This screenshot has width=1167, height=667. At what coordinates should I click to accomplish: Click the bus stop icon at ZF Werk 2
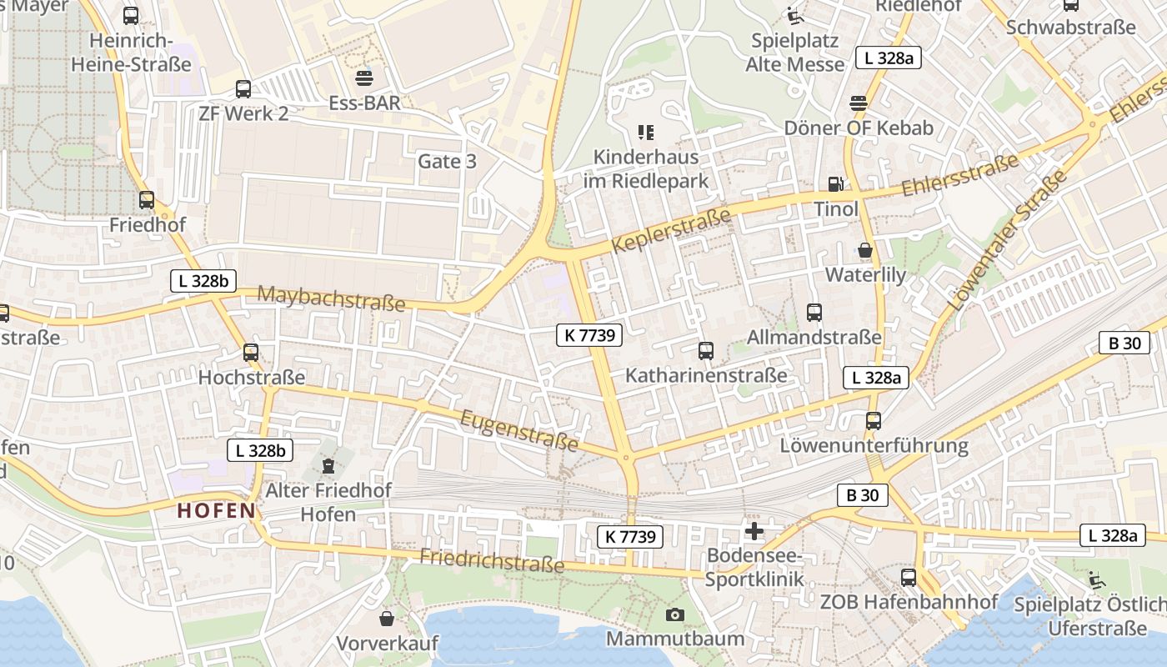coord(243,89)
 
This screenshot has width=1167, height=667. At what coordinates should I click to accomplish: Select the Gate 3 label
coord(447,161)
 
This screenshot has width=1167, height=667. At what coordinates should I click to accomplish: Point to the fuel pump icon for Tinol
coord(835,184)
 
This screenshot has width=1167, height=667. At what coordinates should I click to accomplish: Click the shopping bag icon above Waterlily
coord(865,250)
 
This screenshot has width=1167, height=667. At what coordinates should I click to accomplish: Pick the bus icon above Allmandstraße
coord(814,313)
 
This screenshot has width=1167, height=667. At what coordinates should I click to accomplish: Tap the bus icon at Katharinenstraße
coord(706,351)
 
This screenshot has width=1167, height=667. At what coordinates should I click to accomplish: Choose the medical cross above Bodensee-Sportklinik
coord(754,531)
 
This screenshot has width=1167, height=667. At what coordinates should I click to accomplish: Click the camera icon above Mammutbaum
coord(675,615)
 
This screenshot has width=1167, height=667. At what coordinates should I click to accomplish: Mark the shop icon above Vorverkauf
coord(387,619)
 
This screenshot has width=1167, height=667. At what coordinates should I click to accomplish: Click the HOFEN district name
coord(216,511)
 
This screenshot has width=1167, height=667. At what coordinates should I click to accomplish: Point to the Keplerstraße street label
coord(671,231)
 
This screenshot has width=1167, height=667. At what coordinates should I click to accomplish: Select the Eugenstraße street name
coord(520,429)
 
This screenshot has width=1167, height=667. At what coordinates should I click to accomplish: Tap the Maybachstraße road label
coord(331,298)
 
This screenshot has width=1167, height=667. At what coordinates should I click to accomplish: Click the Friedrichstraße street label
coord(492,559)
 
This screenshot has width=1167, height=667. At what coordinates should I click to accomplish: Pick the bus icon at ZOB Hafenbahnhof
coord(909,577)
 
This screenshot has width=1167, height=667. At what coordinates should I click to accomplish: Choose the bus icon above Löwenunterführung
coord(874,421)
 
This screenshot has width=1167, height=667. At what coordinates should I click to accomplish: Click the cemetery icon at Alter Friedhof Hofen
coord(328,464)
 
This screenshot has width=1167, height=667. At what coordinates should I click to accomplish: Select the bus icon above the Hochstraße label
coord(251,353)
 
